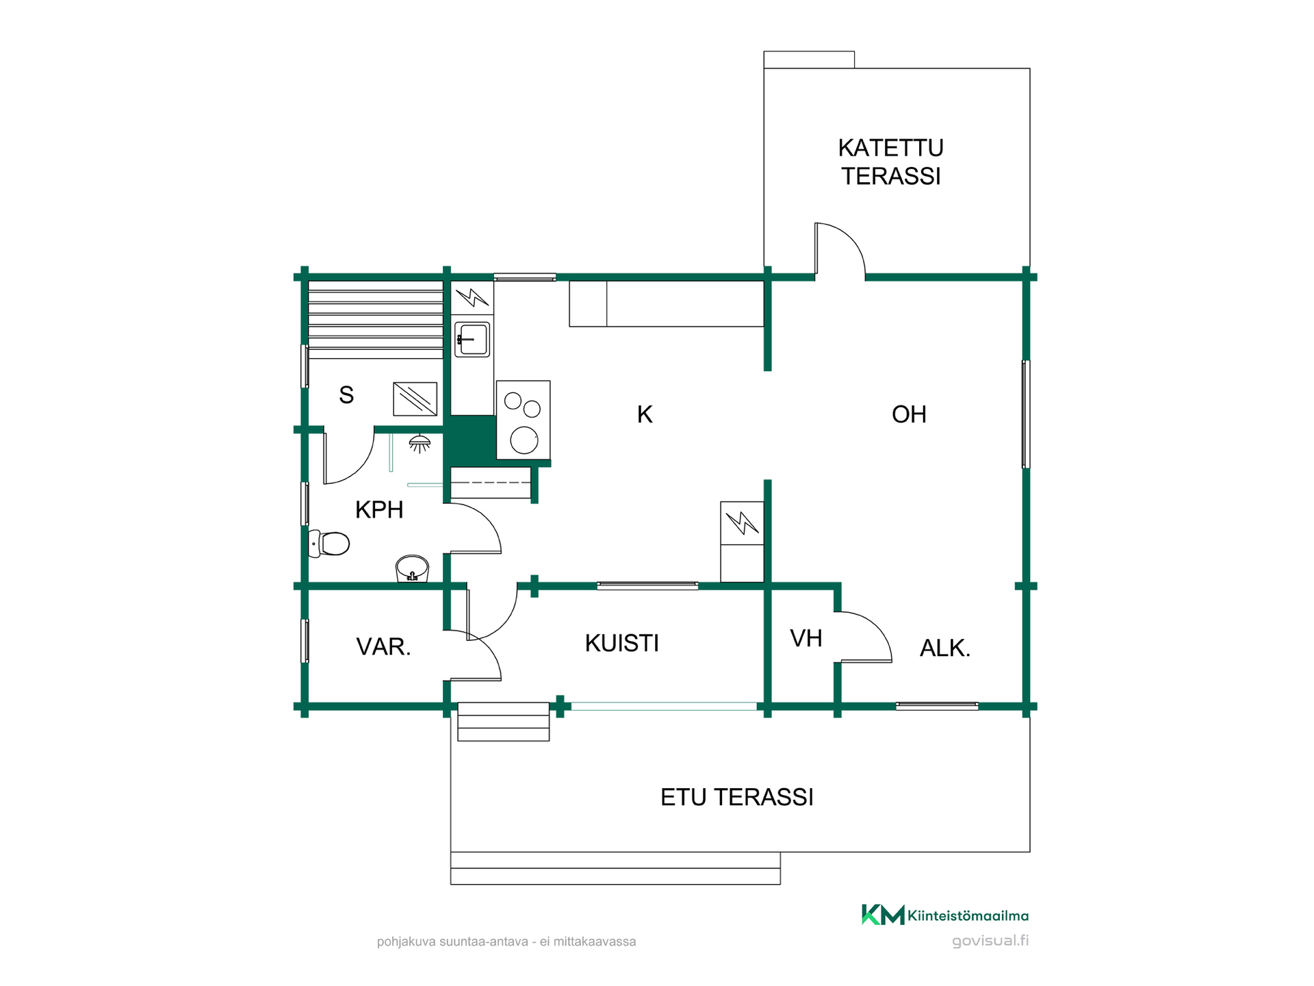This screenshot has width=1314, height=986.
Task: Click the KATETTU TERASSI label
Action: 890,162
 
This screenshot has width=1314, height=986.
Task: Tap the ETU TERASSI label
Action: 737,798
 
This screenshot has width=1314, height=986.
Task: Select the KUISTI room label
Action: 622,644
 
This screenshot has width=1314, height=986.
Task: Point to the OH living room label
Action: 909,414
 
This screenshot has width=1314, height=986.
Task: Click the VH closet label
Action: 806,638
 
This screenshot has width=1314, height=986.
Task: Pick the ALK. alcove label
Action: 945,648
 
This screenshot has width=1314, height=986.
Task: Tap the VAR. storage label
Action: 383,647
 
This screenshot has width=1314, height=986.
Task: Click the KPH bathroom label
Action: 379,510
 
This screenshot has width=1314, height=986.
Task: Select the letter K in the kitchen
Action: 645,414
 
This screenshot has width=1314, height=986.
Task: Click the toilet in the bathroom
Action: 329,544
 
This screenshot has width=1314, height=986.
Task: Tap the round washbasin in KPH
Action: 412,568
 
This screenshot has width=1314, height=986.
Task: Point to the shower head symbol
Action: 420,444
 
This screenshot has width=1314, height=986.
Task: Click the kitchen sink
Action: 472,339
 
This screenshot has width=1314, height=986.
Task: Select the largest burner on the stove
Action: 524,440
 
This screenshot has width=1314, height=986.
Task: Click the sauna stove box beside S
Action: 415,399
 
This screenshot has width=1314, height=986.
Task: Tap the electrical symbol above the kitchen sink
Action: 472,298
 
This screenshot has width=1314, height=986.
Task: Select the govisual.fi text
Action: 990,941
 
